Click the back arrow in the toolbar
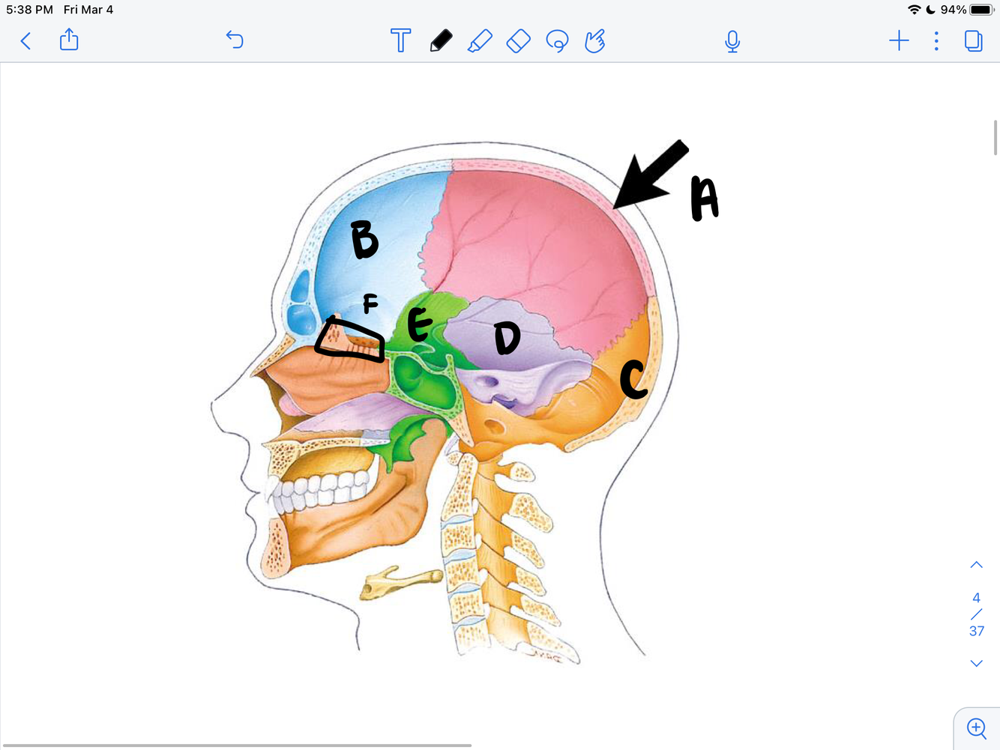tap(25, 40)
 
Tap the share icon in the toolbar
tap(69, 40)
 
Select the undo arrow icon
tap(235, 40)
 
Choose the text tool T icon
tap(401, 40)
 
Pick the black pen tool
tap(441, 40)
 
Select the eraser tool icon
tap(518, 40)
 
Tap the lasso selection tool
tap(557, 40)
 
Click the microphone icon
tap(732, 41)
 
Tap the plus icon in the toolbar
tap(899, 40)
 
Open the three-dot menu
tap(936, 40)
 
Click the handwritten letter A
tap(705, 199)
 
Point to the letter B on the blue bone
tap(364, 240)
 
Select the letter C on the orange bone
tap(633, 379)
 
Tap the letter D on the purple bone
tap(507, 338)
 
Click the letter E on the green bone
tap(420, 324)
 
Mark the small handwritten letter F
tap(370, 303)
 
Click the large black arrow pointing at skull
tap(650, 175)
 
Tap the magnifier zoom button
tap(976, 728)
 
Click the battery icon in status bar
tap(981, 10)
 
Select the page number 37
tap(976, 631)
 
